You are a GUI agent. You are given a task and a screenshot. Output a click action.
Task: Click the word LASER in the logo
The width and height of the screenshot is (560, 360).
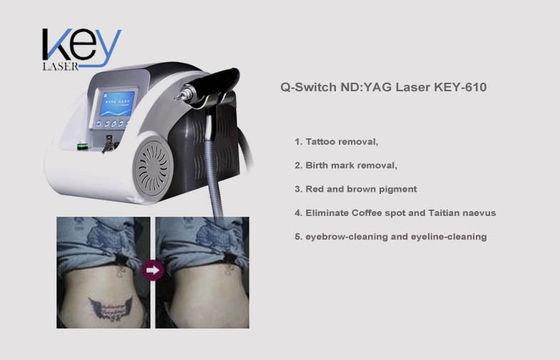click(x=60, y=66)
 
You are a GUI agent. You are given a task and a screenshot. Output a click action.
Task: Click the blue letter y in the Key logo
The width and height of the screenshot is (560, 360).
click(x=104, y=49)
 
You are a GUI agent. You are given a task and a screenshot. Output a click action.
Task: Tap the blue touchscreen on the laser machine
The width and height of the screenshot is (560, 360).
click(x=118, y=104)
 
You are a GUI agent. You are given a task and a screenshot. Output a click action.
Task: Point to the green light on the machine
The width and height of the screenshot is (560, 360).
click(x=83, y=146)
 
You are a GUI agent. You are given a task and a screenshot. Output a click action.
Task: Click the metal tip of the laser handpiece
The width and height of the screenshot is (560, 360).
click(x=184, y=94)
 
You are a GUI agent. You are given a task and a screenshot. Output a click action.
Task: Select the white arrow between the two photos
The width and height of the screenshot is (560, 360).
click(x=152, y=270)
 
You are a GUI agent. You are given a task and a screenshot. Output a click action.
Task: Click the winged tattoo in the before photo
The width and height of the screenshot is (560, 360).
click(x=110, y=308)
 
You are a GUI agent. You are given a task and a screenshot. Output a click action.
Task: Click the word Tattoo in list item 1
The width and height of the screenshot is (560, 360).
click(x=320, y=142)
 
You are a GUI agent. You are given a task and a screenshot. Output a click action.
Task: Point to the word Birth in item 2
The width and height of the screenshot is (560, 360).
click(x=316, y=165)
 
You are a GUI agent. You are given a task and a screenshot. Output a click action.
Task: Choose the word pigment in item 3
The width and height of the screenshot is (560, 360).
click(x=398, y=189)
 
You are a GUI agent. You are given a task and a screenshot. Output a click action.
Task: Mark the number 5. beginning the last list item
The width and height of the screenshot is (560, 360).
click(x=298, y=237)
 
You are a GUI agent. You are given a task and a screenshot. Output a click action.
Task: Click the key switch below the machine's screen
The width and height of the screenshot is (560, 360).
click(x=109, y=143)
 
